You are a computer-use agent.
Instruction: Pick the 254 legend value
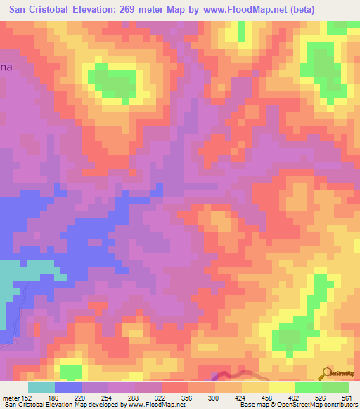[x=115, y=396]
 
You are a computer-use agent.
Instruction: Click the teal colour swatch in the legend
[x=41, y=387]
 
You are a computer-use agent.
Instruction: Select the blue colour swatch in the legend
[x=68, y=387]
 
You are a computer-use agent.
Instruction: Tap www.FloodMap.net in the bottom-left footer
[x=150, y=405]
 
